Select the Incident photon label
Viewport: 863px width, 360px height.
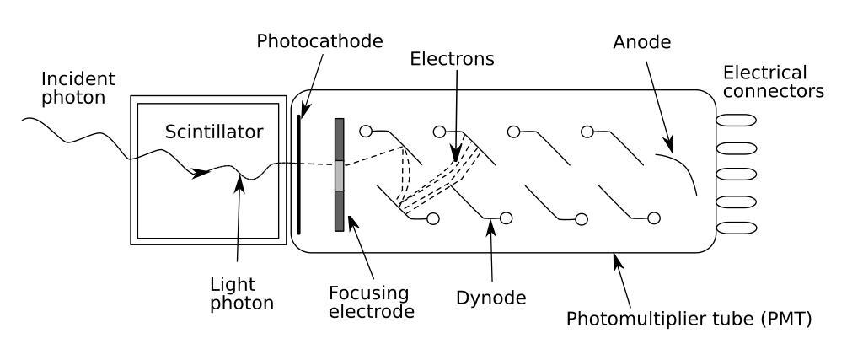point(78,88)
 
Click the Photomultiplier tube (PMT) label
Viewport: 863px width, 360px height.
point(689,320)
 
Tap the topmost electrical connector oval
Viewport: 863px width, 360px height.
point(736,121)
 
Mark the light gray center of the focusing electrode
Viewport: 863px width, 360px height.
point(340,175)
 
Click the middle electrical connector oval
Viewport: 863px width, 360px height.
point(736,175)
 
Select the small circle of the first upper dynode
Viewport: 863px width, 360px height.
point(366,131)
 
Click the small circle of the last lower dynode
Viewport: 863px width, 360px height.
point(654,219)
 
